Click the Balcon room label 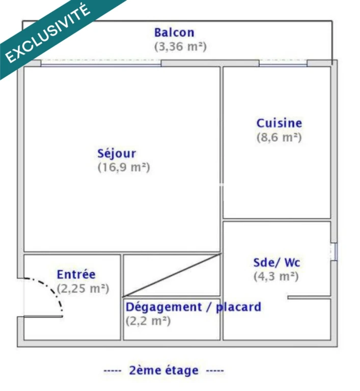(174, 33)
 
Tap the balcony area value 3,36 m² (180, 47)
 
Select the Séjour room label (117, 154)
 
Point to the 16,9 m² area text (124, 167)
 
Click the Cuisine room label (279, 123)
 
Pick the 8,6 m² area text (279, 137)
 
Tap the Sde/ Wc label (276, 263)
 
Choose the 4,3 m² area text (276, 276)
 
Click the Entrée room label (76, 274)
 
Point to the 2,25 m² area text (83, 289)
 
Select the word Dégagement (164, 307)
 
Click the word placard (238, 307)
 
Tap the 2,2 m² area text (148, 321)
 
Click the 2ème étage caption (163, 371)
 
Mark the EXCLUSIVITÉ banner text (47, 33)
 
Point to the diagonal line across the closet (172, 275)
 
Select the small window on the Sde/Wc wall (334, 252)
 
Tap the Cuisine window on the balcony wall (283, 64)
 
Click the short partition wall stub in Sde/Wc (309, 297)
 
